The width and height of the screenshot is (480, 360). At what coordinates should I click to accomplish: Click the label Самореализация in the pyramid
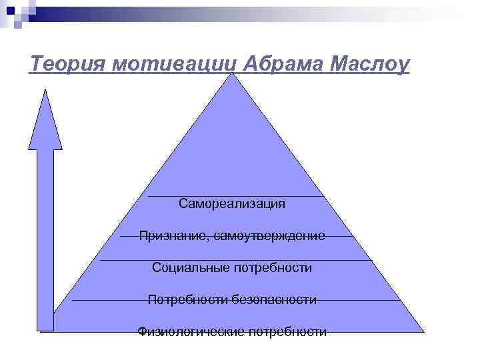(232, 203)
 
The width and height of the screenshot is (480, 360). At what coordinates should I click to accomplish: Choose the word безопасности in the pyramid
(274, 299)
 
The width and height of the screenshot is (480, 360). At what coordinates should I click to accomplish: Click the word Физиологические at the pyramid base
(191, 331)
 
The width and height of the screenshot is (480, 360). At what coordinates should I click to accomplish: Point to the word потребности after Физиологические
(287, 331)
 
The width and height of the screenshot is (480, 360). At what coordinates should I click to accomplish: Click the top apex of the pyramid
(232, 73)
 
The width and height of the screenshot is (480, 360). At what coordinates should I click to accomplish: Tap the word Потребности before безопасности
(188, 299)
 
